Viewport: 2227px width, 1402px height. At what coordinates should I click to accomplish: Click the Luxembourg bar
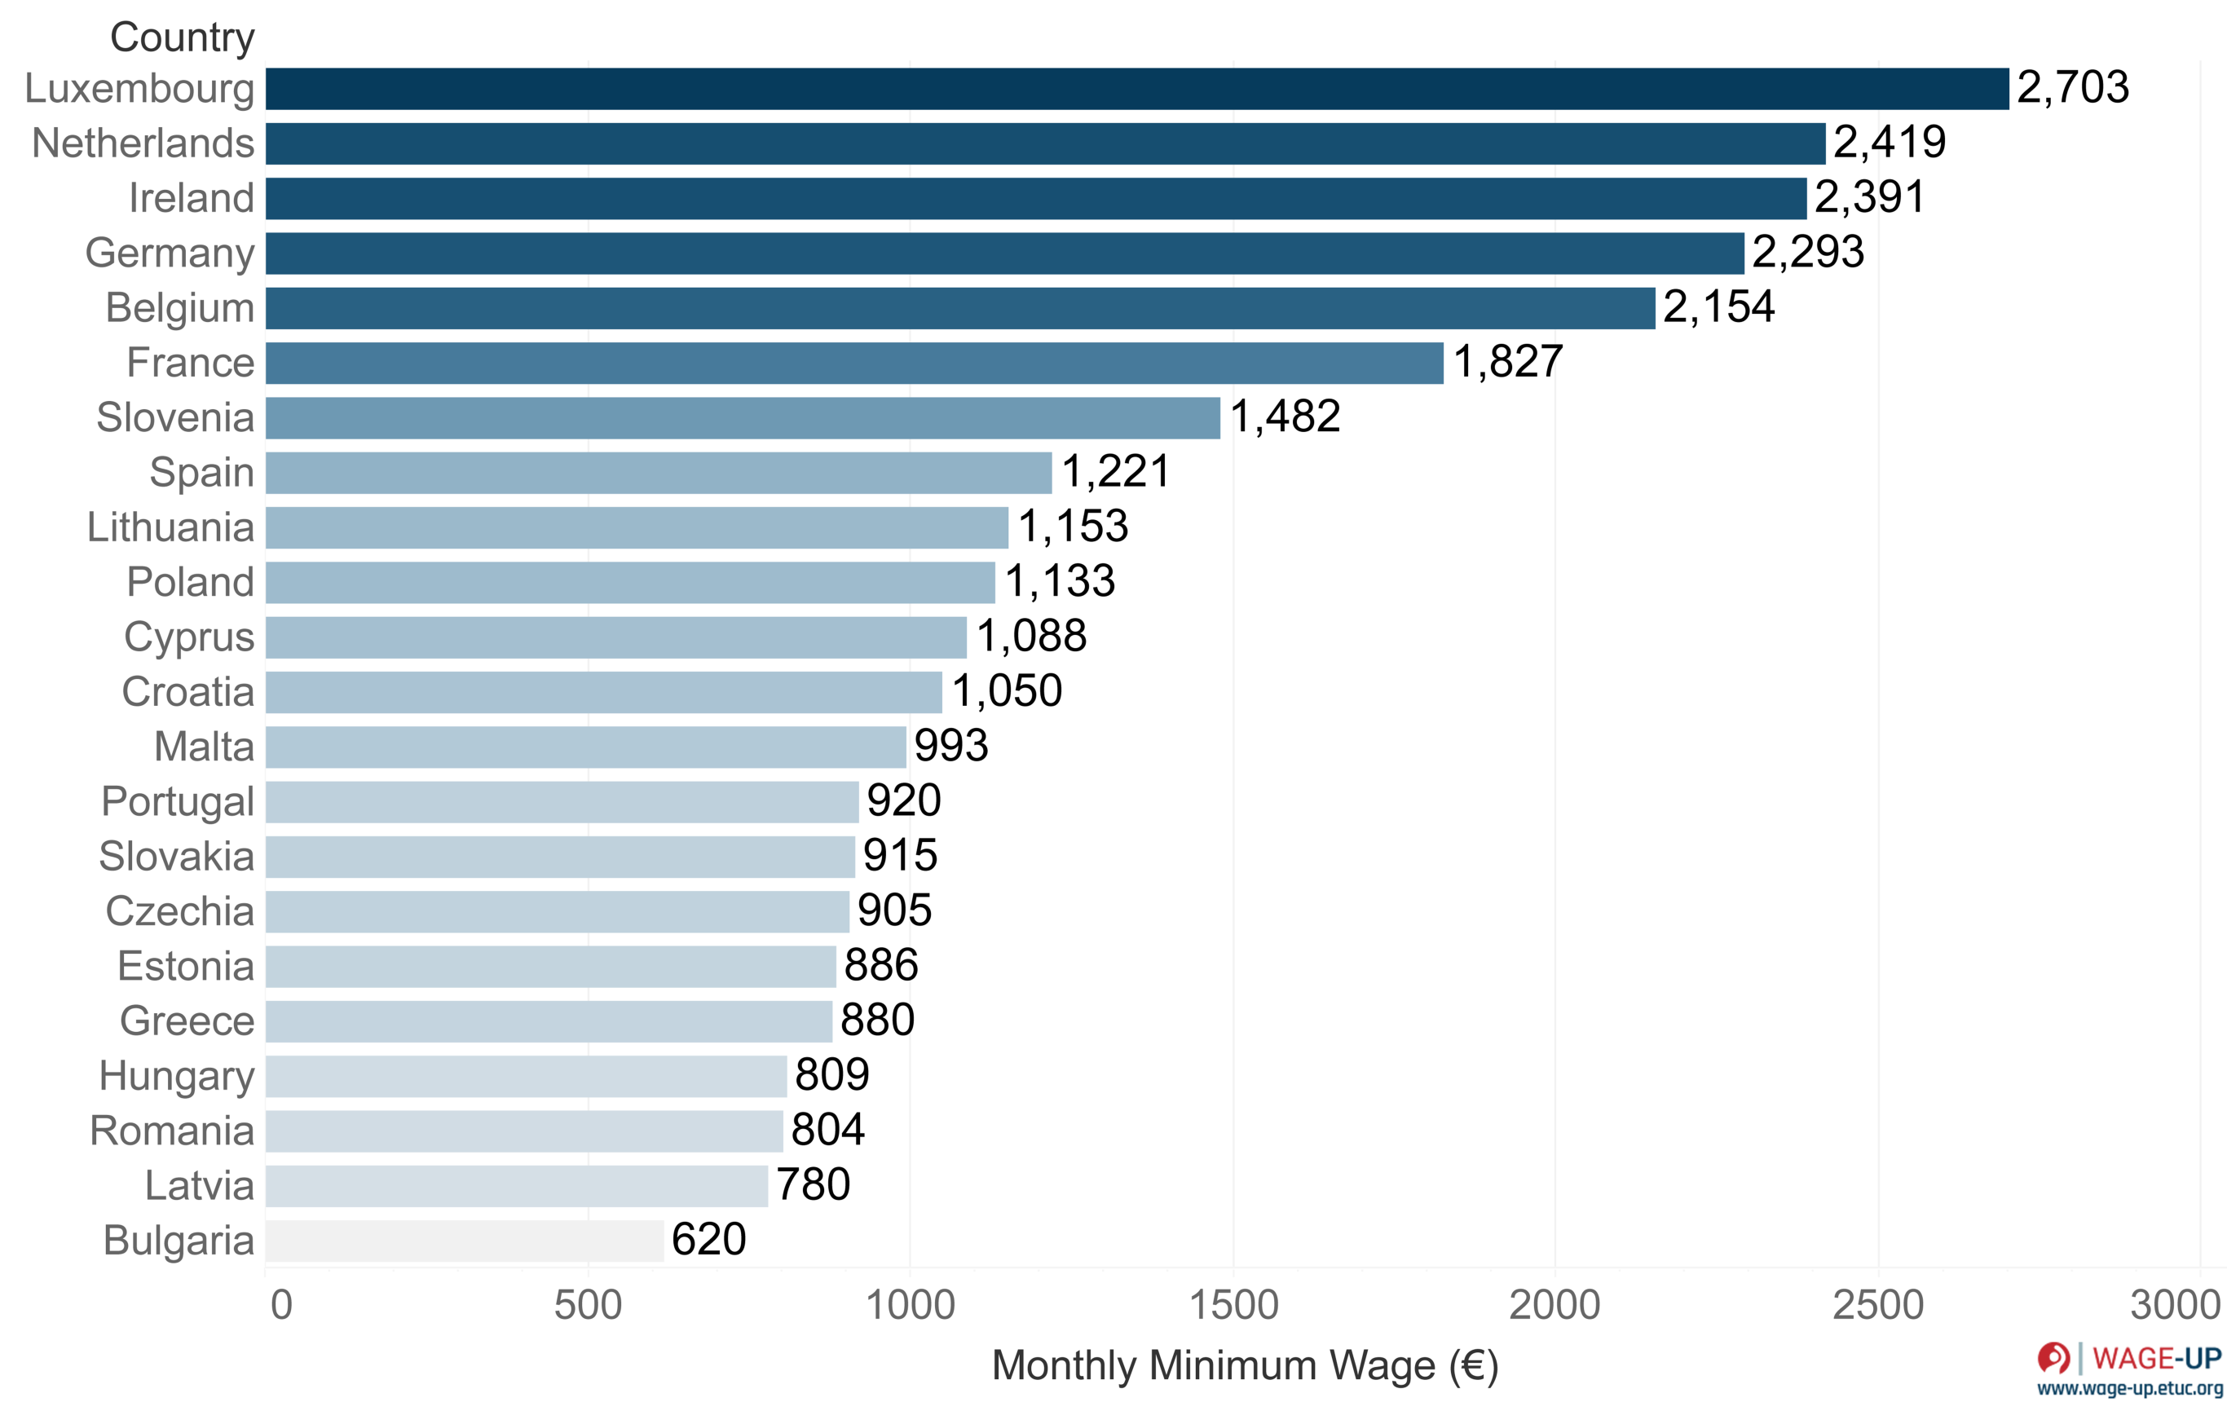pos(1136,89)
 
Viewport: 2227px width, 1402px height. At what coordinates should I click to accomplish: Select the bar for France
pos(853,363)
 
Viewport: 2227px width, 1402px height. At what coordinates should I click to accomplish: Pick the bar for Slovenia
pos(743,418)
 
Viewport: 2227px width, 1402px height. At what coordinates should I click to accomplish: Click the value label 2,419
pos(1890,143)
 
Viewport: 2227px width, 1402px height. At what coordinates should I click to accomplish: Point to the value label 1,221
pos(1115,472)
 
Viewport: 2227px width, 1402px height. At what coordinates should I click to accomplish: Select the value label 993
pos(950,745)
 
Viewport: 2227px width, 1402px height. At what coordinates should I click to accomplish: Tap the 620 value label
pos(708,1239)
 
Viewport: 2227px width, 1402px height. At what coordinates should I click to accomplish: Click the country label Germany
pos(170,254)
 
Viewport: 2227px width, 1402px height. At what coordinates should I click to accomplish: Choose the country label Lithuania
pos(170,527)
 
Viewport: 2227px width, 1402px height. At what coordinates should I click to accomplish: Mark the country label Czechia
pos(179,911)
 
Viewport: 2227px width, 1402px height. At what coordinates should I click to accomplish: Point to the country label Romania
pos(171,1130)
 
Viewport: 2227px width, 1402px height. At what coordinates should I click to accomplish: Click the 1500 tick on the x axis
pos(1233,1305)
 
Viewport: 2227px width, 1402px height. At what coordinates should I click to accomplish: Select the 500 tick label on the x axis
pos(587,1305)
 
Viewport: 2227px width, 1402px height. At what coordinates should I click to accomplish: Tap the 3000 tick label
pos(2173,1305)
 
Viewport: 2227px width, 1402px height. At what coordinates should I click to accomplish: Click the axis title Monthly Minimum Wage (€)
pos(1244,1366)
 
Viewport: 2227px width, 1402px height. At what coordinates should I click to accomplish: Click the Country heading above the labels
pos(183,38)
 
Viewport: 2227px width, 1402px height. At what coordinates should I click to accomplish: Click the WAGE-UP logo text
pos(2156,1358)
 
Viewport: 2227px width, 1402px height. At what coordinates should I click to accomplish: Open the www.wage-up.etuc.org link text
pos(2129,1388)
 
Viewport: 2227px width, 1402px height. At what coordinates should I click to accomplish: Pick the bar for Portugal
pos(562,802)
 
